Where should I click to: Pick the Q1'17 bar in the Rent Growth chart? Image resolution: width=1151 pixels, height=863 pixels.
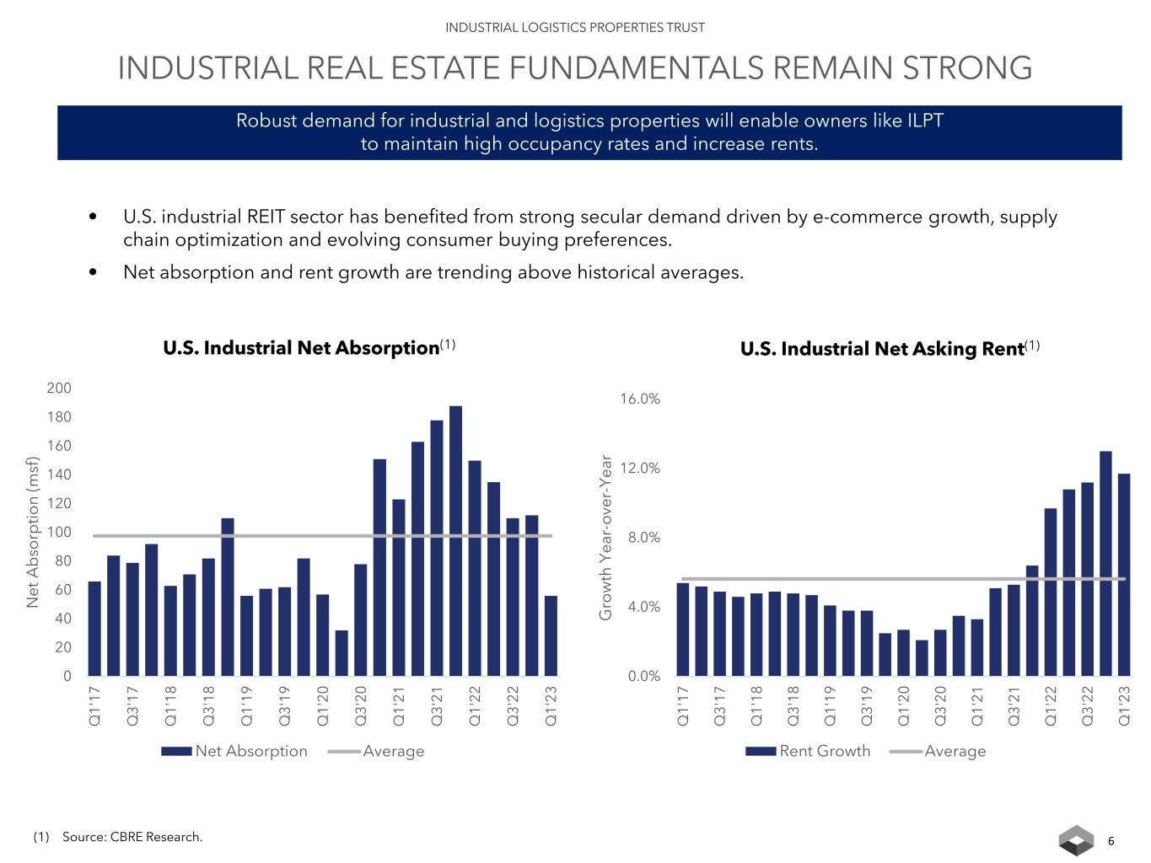pyautogui.click(x=683, y=630)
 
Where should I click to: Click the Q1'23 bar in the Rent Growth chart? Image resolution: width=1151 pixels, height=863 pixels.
pyautogui.click(x=1124, y=575)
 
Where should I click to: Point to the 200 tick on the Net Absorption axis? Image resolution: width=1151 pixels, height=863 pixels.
pyautogui.click(x=59, y=389)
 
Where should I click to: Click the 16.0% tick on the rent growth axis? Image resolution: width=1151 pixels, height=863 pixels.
pyautogui.click(x=640, y=399)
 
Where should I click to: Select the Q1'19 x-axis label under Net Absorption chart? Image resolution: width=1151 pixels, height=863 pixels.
pyautogui.click(x=246, y=706)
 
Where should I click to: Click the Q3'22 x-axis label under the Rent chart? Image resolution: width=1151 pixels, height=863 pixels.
pyautogui.click(x=1087, y=706)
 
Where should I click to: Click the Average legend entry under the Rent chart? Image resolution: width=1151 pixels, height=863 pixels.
pyautogui.click(x=955, y=751)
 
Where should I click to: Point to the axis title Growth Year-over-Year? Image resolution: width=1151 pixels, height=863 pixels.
pyautogui.click(x=605, y=538)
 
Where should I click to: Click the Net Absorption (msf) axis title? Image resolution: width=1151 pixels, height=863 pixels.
pyautogui.click(x=33, y=532)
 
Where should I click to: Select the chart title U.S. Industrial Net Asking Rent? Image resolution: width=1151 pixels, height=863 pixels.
pyautogui.click(x=882, y=349)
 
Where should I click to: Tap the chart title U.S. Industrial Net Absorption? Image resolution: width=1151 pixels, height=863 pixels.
pyautogui.click(x=301, y=348)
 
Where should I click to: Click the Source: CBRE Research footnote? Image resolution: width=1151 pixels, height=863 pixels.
pyautogui.click(x=132, y=837)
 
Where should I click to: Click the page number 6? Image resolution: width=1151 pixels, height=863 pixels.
pyautogui.click(x=1111, y=841)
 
